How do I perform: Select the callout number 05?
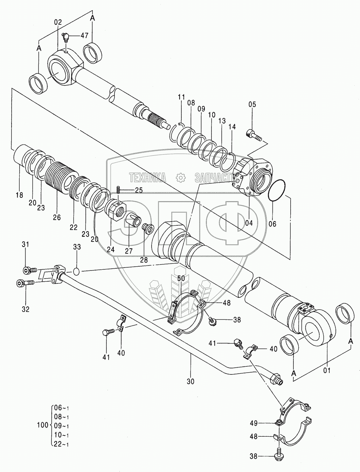click(252, 104)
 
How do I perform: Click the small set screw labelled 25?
click(118, 190)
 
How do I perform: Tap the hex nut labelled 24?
click(117, 210)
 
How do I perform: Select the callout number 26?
click(57, 217)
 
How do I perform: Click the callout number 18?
click(19, 195)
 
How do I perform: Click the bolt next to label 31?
click(28, 270)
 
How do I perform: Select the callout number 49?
click(263, 423)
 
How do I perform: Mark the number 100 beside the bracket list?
click(42, 425)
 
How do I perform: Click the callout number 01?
click(327, 370)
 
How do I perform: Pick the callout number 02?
click(58, 22)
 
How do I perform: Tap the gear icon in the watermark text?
click(180, 178)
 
